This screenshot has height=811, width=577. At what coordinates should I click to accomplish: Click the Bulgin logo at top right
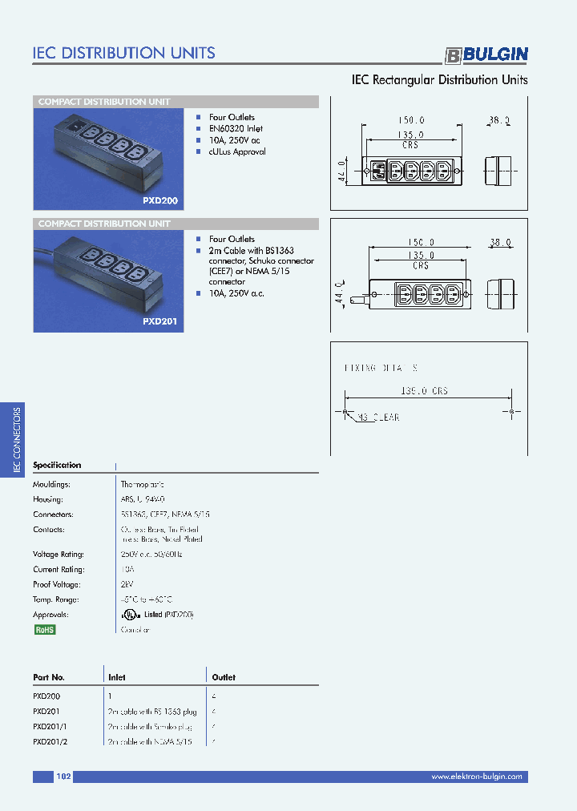point(486,54)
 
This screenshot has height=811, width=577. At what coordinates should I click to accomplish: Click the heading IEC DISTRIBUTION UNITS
point(123,53)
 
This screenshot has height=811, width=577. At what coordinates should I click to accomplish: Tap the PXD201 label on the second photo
point(160,321)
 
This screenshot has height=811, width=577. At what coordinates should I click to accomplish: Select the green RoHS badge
point(44,630)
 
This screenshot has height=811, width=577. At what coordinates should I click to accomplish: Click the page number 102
point(64,777)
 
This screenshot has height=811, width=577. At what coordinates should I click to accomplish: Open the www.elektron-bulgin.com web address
point(476,777)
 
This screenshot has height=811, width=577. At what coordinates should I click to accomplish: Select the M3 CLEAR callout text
point(377,418)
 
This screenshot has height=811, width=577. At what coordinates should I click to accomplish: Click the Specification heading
point(57,465)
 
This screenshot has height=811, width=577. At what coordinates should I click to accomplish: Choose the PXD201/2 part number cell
point(50,742)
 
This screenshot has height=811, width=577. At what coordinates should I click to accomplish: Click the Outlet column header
point(224,677)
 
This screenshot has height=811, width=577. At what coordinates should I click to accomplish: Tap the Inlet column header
point(117,677)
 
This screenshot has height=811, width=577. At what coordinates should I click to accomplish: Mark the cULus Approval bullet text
point(237,151)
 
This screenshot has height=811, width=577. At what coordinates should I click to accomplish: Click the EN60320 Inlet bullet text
point(236,128)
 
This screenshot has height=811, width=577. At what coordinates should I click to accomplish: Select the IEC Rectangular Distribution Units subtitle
point(440,80)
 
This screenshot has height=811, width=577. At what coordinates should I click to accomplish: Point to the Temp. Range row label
point(54,599)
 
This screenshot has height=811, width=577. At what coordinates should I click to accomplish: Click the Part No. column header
point(49,677)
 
